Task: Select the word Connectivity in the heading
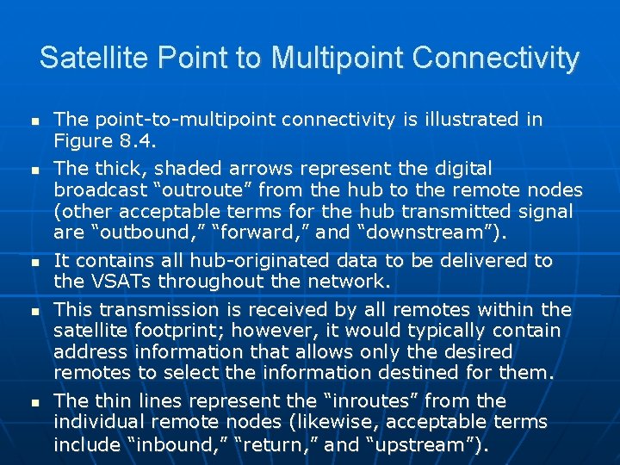point(496,59)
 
